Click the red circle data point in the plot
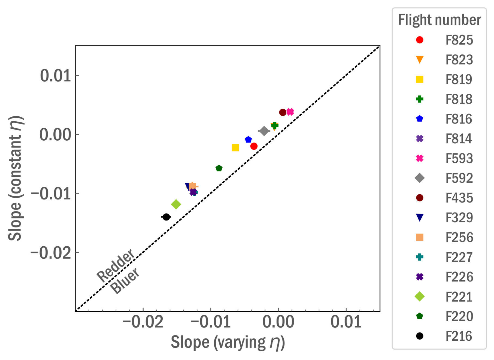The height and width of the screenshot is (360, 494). (x=254, y=146)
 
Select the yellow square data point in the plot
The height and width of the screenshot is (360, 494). (x=235, y=148)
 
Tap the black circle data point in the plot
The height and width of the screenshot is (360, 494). (x=166, y=217)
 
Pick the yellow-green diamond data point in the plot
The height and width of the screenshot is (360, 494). (x=176, y=204)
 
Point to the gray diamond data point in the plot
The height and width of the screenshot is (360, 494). (x=264, y=131)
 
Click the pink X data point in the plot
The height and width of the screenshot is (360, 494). (x=290, y=112)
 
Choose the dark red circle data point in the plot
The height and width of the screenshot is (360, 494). (x=283, y=112)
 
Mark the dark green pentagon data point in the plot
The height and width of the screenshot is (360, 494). (x=219, y=168)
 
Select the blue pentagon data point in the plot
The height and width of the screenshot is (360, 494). (x=248, y=140)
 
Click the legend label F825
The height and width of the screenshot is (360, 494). (x=459, y=40)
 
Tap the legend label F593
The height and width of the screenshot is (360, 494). (x=459, y=158)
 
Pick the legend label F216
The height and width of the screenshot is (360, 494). (x=459, y=336)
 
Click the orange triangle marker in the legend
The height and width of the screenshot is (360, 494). (x=420, y=59)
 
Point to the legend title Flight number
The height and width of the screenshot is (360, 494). (x=440, y=20)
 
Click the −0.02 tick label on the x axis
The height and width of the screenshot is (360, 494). (x=143, y=322)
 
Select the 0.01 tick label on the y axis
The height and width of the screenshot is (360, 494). (x=56, y=75)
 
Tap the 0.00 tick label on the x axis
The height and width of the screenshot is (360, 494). (x=278, y=322)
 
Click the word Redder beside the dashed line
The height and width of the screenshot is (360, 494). (x=116, y=265)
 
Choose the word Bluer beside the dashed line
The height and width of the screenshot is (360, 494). (x=125, y=280)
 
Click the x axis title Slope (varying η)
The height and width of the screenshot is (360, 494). (x=228, y=342)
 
